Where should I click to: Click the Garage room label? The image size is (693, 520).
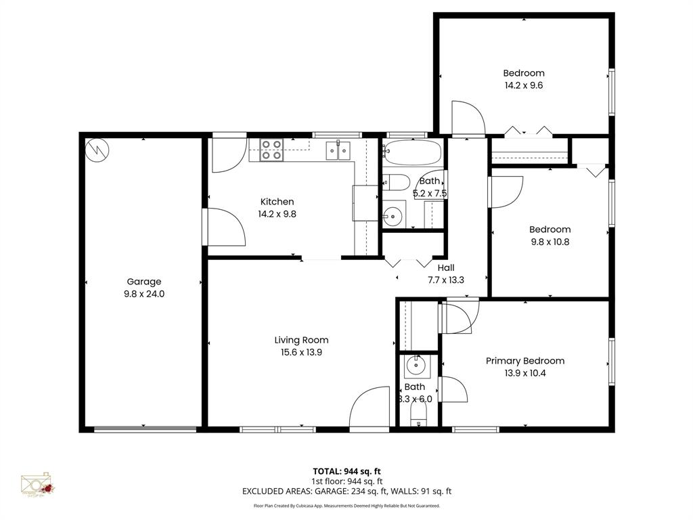pyautogui.click(x=143, y=282)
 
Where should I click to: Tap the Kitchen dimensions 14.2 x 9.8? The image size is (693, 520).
pyautogui.click(x=277, y=214)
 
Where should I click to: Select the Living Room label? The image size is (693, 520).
pyautogui.click(x=301, y=340)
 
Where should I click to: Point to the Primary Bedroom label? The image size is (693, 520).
pyautogui.click(x=524, y=361)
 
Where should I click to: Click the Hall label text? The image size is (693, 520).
pyautogui.click(x=446, y=267)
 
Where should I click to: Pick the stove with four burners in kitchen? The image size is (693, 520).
pyautogui.click(x=271, y=150)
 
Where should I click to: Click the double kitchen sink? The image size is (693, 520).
pyautogui.click(x=338, y=150)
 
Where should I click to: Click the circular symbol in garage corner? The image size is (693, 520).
pyautogui.click(x=96, y=150)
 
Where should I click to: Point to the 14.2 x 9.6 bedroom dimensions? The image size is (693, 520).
pyautogui.click(x=523, y=86)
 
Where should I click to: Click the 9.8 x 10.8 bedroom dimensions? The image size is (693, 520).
pyautogui.click(x=550, y=242)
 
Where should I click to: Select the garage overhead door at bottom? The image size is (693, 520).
pyautogui.click(x=145, y=429)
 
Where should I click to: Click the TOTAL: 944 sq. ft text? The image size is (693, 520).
pyautogui.click(x=346, y=471)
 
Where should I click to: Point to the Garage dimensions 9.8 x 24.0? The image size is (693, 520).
pyautogui.click(x=143, y=294)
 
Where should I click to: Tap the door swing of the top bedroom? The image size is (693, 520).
pyautogui.click(x=468, y=118)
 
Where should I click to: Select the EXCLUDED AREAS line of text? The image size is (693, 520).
pyautogui.click(x=346, y=492)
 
